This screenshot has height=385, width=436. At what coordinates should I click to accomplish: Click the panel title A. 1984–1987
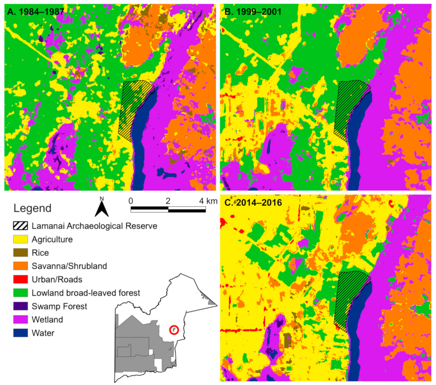pyautogui.click(x=35, y=12)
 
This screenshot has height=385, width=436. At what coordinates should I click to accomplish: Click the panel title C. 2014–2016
pyautogui.click(x=253, y=203)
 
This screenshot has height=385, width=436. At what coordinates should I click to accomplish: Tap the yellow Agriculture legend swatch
pyautogui.click(x=20, y=239)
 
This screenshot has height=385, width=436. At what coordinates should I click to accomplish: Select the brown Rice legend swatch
pyautogui.click(x=20, y=253)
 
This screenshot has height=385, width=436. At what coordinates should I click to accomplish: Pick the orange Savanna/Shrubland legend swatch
pyautogui.click(x=20, y=266)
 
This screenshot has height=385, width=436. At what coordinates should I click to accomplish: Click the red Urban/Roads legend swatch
pyautogui.click(x=20, y=279)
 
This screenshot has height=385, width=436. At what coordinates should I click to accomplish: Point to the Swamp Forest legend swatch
pyautogui.click(x=20, y=306)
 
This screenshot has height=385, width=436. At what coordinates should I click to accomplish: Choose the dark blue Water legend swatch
pyautogui.click(x=20, y=333)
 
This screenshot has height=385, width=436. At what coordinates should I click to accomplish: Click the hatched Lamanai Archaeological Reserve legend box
pyautogui.click(x=20, y=226)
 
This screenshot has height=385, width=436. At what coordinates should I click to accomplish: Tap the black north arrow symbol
pyautogui.click(x=102, y=209)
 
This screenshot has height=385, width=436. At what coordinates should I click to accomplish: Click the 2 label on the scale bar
pyautogui.click(x=168, y=201)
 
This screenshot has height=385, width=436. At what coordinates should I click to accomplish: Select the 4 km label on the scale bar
pyautogui.click(x=208, y=201)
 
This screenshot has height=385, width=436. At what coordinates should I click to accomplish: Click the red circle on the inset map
pyautogui.click(x=174, y=330)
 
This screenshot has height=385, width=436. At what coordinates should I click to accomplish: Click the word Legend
pyautogui.click(x=32, y=208)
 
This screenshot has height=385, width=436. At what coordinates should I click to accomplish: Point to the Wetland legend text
pyautogui.click(x=47, y=320)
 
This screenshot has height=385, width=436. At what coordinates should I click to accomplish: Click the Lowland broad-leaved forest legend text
pyautogui.click(x=86, y=293)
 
